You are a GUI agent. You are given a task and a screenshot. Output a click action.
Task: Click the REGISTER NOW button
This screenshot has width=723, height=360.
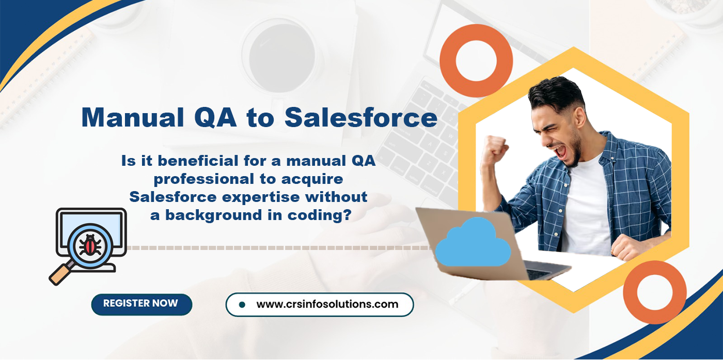[x=141, y=304]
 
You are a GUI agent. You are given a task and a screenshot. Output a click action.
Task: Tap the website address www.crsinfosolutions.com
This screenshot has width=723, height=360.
[x=327, y=304]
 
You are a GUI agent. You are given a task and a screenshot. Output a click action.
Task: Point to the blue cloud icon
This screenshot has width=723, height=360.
[x=472, y=243]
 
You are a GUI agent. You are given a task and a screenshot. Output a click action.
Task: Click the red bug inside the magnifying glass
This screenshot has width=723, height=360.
[x=91, y=245]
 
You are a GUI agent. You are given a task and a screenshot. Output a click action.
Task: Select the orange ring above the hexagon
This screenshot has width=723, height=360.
[x=476, y=60]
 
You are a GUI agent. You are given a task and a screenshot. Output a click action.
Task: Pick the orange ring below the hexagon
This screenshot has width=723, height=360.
[x=654, y=292]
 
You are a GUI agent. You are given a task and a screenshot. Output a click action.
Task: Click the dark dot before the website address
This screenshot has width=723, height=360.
[x=242, y=305]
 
